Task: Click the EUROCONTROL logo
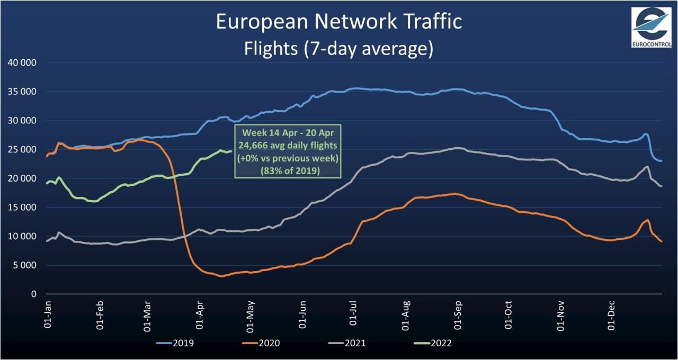click(651, 28)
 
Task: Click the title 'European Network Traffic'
click(339, 22)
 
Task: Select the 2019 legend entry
click(175, 343)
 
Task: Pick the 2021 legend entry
click(346, 343)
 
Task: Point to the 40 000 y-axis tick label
click(22, 63)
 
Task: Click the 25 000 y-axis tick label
click(22, 150)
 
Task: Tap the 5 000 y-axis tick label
click(24, 265)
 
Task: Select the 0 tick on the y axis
click(33, 294)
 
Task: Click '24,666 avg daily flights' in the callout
click(289, 146)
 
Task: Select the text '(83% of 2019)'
click(289, 171)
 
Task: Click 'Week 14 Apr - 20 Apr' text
click(289, 132)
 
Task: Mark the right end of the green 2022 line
click(231, 151)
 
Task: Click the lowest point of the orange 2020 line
click(221, 276)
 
